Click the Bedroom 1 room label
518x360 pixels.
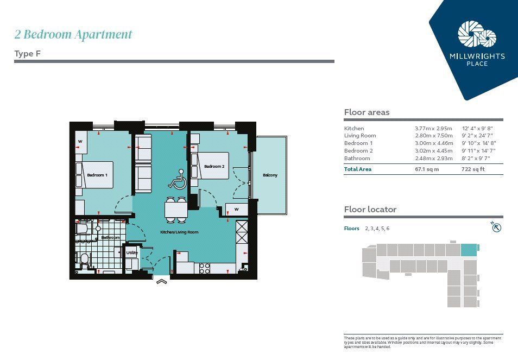pyautogui.click(x=97, y=175)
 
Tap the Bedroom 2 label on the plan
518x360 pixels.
pyautogui.click(x=214, y=166)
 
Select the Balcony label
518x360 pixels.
pyautogui.click(x=270, y=175)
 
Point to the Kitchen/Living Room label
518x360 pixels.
pyautogui.click(x=179, y=232)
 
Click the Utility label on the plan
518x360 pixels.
pyautogui.click(x=132, y=252)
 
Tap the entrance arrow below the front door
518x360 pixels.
pyautogui.click(x=162, y=281)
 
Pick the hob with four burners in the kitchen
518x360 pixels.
pyautogui.click(x=205, y=268)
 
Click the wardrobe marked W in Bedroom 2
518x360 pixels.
pyautogui.click(x=237, y=210)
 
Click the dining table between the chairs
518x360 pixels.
pyautogui.click(x=176, y=210)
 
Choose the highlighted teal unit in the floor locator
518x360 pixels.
pyautogui.click(x=469, y=250)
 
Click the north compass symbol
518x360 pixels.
pyautogui.click(x=496, y=227)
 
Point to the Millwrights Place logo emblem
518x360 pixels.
pyautogui.click(x=477, y=34)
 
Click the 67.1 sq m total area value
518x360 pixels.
pyautogui.click(x=427, y=169)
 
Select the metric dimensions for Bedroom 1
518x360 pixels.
pyautogui.click(x=434, y=143)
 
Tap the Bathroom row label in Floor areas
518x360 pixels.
pyautogui.click(x=357, y=158)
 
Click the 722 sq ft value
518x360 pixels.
pyautogui.click(x=473, y=169)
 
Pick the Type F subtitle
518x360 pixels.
pyautogui.click(x=27, y=54)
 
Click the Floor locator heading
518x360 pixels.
pyautogui.click(x=370, y=210)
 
